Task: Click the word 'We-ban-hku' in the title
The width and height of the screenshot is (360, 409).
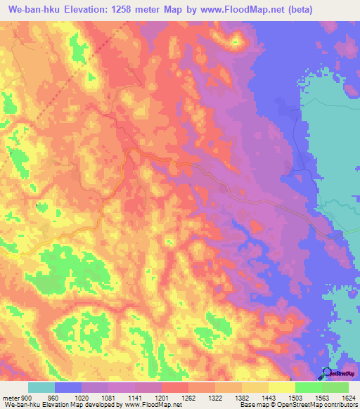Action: (x=35, y=9)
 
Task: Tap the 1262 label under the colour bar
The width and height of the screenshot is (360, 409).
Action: (x=188, y=398)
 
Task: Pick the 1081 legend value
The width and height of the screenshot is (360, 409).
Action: (x=108, y=398)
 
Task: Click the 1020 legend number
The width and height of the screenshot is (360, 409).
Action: (x=82, y=398)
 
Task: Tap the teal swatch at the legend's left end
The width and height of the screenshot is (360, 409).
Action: (x=41, y=387)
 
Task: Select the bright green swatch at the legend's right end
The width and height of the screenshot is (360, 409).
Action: (x=335, y=387)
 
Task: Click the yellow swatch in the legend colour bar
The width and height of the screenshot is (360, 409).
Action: (x=282, y=387)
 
